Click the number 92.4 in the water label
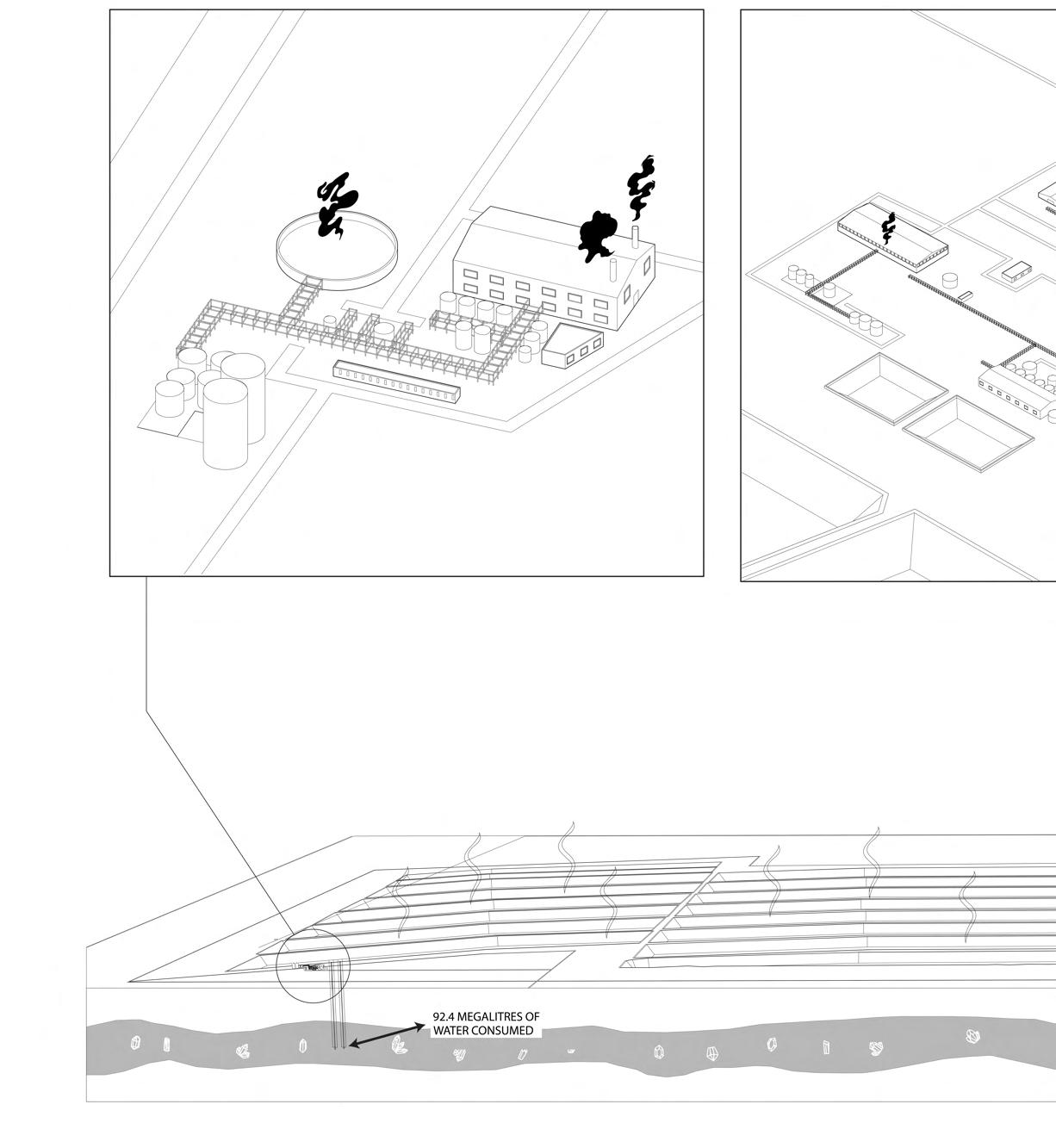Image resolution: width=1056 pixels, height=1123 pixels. pyautogui.click(x=444, y=1017)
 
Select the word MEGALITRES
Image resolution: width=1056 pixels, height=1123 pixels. pyautogui.click(x=493, y=1017)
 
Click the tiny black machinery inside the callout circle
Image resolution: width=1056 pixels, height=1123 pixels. pyautogui.click(x=311, y=968)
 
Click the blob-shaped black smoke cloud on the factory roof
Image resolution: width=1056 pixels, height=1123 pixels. pyautogui.click(x=596, y=235)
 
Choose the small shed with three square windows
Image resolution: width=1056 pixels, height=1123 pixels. pyautogui.click(x=573, y=344)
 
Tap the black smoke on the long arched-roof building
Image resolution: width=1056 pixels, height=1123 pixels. pyautogui.click(x=888, y=226)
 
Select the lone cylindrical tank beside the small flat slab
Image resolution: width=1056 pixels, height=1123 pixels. pyautogui.click(x=950, y=280)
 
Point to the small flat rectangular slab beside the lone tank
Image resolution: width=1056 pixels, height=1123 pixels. pyautogui.click(x=965, y=295)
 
